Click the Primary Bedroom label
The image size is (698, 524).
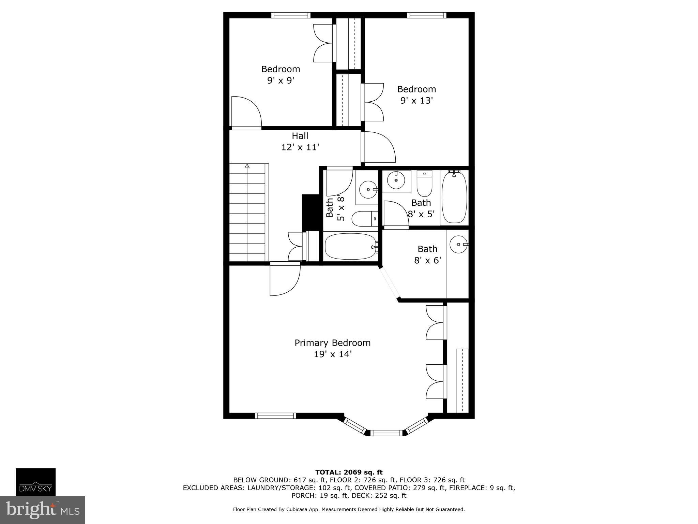coord(332,343)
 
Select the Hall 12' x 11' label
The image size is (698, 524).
coord(300,142)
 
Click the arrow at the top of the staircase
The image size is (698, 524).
coord(247,166)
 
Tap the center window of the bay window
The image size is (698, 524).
coord(386,433)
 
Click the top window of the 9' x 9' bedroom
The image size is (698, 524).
coord(291,15)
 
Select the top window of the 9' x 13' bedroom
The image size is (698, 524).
coord(426,15)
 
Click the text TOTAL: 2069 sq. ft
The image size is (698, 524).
coord(349,472)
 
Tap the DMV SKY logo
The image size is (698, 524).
coord(35,482)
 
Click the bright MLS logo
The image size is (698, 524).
coord(42,510)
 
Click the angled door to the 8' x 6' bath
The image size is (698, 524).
coord(390,283)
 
